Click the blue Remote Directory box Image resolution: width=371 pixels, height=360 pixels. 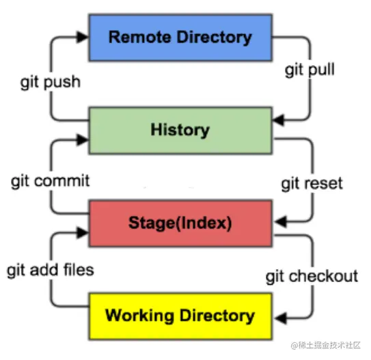[180, 36]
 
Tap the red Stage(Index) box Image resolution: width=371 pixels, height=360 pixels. [180, 222]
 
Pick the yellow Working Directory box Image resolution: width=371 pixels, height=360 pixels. [180, 316]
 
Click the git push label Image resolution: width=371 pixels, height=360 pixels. [50, 82]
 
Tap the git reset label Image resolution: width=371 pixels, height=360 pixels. [312, 184]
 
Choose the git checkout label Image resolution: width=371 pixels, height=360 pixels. [312, 276]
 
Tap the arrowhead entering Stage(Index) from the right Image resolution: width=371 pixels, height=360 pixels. [279, 220]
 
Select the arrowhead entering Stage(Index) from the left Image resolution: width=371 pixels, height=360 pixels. [83, 233]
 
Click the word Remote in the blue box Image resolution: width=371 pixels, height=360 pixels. [137, 37]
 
